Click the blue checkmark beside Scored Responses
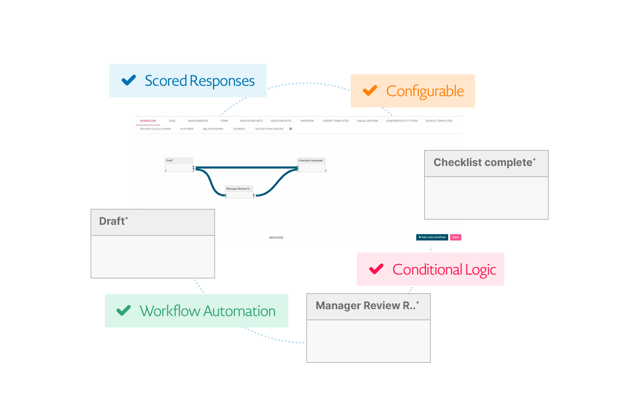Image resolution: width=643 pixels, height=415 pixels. click(x=129, y=80)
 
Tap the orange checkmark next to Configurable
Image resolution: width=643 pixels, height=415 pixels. click(x=370, y=91)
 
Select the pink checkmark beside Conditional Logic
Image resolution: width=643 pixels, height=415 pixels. click(x=376, y=269)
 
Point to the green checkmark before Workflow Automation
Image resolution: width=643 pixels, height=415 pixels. click(x=123, y=311)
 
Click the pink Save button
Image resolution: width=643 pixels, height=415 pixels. click(x=455, y=237)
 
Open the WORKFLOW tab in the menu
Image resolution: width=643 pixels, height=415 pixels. click(x=148, y=121)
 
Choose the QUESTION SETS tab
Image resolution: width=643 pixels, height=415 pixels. click(x=281, y=121)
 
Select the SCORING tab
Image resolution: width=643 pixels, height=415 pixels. click(x=239, y=129)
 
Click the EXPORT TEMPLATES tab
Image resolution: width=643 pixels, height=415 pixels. click(x=336, y=121)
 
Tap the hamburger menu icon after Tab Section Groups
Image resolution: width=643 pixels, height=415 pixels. click(x=291, y=129)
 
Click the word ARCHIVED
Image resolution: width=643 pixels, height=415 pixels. click(x=276, y=238)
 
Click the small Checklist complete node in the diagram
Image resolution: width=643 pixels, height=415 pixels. click(x=311, y=165)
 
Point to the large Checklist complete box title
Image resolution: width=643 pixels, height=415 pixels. click(x=484, y=163)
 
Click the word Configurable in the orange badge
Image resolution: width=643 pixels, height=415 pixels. click(x=425, y=91)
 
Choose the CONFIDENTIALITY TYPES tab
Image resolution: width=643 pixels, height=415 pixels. click(x=402, y=121)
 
